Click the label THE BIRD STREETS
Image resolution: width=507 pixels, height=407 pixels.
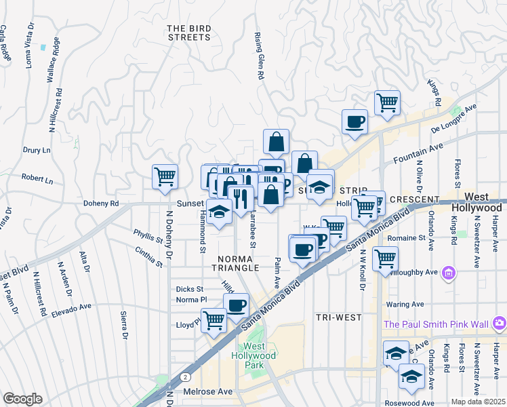(190, 33)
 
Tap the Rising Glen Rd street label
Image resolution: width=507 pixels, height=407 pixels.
(258, 56)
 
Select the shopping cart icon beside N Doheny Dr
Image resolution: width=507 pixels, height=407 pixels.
(165, 177)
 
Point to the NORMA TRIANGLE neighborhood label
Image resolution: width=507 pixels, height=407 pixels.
(238, 263)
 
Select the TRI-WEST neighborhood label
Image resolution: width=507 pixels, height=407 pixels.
(338, 317)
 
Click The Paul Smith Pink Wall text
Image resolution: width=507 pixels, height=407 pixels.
(438, 324)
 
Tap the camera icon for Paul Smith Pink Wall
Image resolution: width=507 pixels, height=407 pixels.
(500, 322)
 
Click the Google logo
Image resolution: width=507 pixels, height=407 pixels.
(22, 398)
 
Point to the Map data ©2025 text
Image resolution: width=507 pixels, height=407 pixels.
(477, 402)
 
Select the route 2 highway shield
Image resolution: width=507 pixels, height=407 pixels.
(184, 376)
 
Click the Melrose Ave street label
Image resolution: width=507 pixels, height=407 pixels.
(207, 392)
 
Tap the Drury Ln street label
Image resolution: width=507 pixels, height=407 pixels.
(37, 150)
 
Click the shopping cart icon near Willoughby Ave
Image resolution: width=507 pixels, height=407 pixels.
(384, 258)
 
